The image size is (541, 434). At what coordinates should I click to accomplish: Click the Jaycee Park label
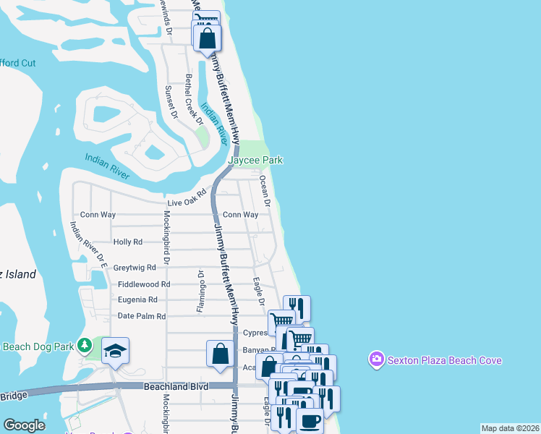pos(255,160)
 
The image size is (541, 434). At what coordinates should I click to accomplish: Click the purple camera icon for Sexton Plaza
pos(375,359)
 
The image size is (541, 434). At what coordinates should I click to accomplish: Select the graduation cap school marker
pos(115,351)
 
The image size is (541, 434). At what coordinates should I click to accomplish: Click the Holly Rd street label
pos(128,242)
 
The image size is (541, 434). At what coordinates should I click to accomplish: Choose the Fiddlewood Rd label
pos(144,284)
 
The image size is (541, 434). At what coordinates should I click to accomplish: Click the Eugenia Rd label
pos(137,299)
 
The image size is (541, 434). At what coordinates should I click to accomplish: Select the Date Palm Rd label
pos(142,316)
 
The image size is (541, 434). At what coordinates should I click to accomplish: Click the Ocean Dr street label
pos(264,191)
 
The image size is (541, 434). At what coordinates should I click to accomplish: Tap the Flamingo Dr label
pos(199,292)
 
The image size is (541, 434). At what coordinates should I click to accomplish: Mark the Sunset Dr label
pos(171,101)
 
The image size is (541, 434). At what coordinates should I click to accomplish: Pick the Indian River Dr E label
pos(88,245)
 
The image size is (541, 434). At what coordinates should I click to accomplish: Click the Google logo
pos(24,425)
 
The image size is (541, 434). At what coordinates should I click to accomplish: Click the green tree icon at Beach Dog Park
pos(86,345)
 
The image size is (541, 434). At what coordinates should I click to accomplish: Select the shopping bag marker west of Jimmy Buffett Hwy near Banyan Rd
pos(221,354)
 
